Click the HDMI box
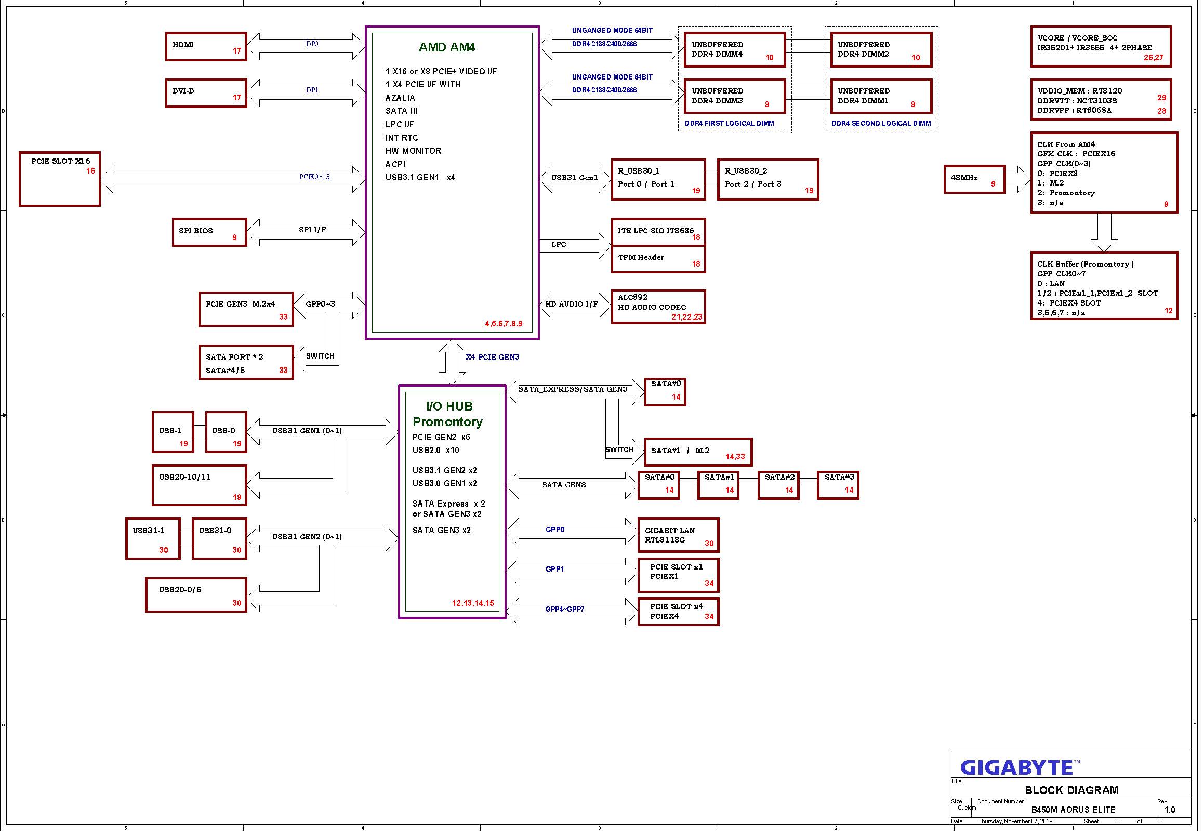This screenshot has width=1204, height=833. point(206,46)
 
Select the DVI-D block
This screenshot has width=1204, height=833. point(206,94)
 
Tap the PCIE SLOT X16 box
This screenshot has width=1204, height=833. point(59,179)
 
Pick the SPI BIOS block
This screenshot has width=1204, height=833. point(209,232)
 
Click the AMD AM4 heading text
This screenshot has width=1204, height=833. point(447,47)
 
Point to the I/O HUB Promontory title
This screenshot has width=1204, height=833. point(448,414)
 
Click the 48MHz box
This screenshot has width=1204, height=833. point(974,180)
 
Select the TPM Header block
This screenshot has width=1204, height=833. point(658,259)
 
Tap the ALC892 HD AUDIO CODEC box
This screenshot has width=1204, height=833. point(658,307)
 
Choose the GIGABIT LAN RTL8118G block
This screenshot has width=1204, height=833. point(679,535)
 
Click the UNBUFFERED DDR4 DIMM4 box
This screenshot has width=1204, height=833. point(735,50)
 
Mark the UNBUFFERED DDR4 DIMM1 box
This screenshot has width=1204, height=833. point(881,96)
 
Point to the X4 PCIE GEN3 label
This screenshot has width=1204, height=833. point(492,357)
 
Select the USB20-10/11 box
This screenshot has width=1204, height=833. point(200,485)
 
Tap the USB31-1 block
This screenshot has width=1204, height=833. point(153,539)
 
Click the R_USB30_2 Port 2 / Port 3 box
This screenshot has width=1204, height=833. point(768,180)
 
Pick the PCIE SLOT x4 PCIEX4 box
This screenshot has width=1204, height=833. point(679,612)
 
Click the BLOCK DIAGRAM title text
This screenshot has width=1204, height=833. point(1071,790)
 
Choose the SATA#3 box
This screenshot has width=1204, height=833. point(838,485)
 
